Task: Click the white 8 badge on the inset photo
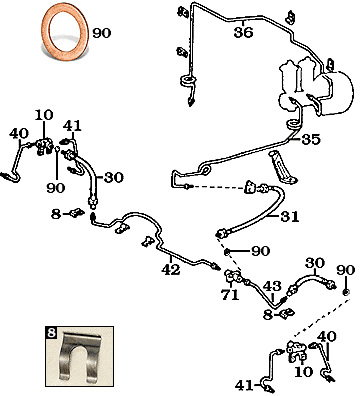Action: click(x=51, y=332)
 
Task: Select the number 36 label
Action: click(x=243, y=33)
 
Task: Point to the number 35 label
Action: click(x=311, y=139)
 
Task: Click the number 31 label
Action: click(x=289, y=217)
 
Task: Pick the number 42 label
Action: click(x=171, y=269)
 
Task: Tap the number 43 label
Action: click(x=272, y=286)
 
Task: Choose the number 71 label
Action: click(x=230, y=295)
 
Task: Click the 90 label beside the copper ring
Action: click(x=102, y=33)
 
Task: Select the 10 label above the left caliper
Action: click(x=44, y=115)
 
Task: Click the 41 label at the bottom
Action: click(x=244, y=386)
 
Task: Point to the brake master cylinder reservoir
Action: click(x=315, y=87)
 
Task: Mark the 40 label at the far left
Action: click(x=19, y=134)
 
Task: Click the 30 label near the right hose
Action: click(x=315, y=263)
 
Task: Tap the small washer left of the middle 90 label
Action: click(x=227, y=251)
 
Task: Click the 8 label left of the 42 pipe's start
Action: click(x=56, y=214)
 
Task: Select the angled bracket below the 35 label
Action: click(x=283, y=167)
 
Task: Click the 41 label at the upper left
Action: click(x=72, y=126)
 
